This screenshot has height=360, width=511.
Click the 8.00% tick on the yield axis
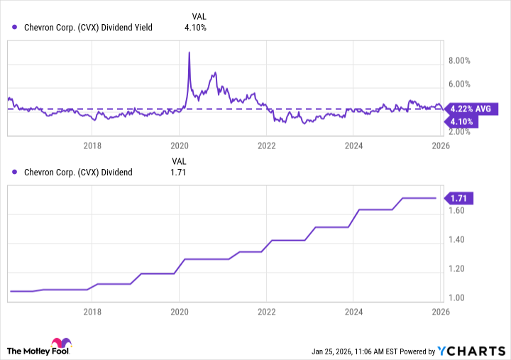click(x=461, y=62)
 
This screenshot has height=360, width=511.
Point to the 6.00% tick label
click(x=461, y=84)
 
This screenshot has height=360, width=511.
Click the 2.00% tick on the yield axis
click(x=461, y=132)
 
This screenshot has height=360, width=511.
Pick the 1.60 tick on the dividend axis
click(x=456, y=211)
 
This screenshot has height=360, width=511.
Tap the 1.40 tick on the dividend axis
click(x=456, y=240)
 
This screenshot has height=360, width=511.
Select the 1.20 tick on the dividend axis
click(x=456, y=269)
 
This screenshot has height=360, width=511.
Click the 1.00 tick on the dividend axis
click(x=456, y=298)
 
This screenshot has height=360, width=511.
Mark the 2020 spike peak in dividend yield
click(x=189, y=52)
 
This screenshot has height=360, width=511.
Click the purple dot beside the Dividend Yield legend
click(x=15, y=28)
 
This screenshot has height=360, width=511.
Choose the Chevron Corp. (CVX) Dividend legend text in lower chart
click(x=78, y=173)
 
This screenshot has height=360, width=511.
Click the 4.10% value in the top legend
click(x=195, y=28)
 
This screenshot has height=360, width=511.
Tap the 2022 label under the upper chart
click(x=266, y=146)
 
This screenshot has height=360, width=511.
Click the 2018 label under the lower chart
click(x=92, y=312)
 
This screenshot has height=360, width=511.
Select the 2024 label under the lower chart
click(x=353, y=312)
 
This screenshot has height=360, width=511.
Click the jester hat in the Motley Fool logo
click(x=62, y=344)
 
